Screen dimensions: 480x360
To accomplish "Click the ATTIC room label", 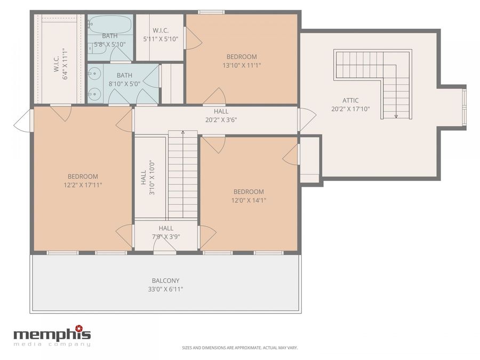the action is (350, 100).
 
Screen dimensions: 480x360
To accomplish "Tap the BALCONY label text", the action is (166, 281).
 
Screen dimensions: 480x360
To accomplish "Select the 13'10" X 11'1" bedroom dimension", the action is (242, 65).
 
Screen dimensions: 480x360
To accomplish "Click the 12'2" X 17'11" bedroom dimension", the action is (83, 185).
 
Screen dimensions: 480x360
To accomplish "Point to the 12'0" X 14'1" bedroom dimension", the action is (249, 200).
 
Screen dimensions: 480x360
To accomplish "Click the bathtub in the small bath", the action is (110, 25).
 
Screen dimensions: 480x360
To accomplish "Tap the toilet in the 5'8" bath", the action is (97, 49).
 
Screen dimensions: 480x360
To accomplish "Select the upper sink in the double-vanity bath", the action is (94, 74).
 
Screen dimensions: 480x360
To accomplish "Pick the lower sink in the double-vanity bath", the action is (94, 94).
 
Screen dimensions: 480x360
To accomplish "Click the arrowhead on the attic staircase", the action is (396, 116).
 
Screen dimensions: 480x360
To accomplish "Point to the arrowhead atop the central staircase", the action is (183, 133).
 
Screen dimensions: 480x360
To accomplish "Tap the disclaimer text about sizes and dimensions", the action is (239, 348).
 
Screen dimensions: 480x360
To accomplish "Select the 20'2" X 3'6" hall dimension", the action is (221, 120).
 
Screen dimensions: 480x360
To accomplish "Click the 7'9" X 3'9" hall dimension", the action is (166, 237).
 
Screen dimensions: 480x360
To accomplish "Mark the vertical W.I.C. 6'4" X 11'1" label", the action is (61, 63).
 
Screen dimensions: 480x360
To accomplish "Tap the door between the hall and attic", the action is (308, 120).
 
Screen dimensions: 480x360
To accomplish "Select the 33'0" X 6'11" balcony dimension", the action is (166, 289).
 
